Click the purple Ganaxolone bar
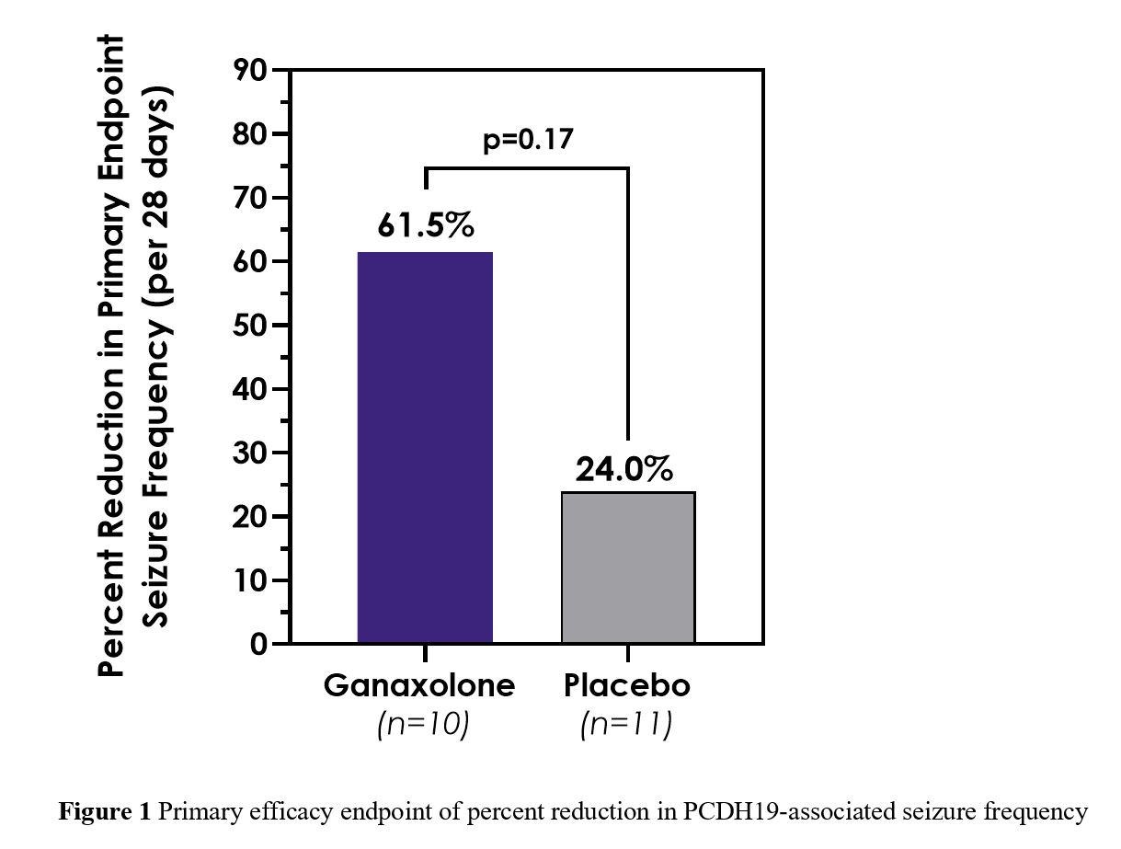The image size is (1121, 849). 425,447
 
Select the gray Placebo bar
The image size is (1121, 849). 628,567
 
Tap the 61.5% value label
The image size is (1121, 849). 425,226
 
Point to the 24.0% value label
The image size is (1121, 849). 624,469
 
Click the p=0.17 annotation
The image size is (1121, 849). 528,140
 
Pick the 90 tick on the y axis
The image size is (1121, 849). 253,71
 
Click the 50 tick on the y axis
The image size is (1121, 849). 253,326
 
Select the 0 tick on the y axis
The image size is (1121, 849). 260,645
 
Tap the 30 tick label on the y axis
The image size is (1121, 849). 253,453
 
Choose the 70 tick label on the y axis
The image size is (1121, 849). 253,199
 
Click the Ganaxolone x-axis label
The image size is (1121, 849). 419,687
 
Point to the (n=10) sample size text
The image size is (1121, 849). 423,725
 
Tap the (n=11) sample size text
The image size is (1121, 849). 626,725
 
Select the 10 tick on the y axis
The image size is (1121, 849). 253,581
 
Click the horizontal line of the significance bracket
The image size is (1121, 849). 527,168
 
